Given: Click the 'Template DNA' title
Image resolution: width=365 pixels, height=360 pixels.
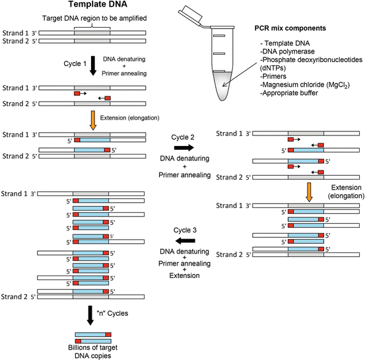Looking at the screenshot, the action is [x=98, y=4].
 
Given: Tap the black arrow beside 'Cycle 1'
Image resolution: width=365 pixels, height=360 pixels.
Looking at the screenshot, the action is [x=93, y=65].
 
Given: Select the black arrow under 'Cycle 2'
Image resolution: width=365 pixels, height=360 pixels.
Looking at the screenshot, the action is [x=184, y=147].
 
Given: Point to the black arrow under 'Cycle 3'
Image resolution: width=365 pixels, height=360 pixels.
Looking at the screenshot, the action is [x=185, y=240].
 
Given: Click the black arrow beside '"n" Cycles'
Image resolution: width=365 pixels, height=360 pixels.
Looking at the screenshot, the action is [x=90, y=315].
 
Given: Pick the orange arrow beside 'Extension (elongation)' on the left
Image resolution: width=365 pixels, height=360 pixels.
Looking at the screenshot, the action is [x=93, y=120].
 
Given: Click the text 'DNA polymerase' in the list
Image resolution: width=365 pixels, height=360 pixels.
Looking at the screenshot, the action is [x=287, y=52].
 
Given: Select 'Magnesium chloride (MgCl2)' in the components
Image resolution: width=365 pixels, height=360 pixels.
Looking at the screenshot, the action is [x=305, y=85].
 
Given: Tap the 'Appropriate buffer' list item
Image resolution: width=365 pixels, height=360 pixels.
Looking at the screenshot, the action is [x=289, y=93].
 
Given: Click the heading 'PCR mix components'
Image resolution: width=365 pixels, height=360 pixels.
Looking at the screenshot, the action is [x=290, y=28].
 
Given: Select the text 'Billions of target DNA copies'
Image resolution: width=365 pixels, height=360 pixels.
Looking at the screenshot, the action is [x=92, y=351].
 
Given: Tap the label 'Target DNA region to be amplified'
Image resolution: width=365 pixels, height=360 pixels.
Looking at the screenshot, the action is [x=94, y=18].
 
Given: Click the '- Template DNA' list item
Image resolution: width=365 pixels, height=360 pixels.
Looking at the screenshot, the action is [x=285, y=44].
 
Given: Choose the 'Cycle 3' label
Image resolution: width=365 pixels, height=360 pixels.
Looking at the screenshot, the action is [x=185, y=231].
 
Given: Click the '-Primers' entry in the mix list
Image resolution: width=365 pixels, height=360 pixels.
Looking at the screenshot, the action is [x=273, y=77].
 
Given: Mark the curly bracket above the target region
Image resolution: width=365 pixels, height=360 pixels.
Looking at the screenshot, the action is [x=92, y=26].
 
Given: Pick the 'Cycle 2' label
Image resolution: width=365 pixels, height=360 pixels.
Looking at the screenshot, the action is [x=183, y=137].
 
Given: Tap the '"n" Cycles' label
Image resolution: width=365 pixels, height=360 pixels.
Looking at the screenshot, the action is [x=112, y=313].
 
